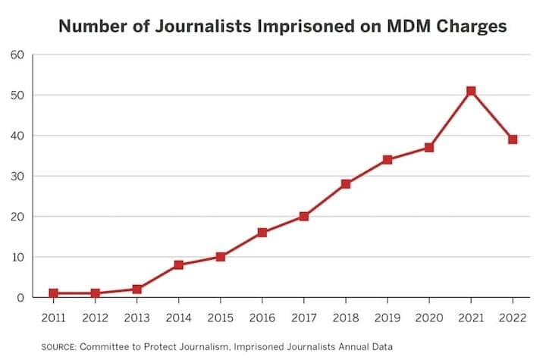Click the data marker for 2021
pyautogui.click(x=471, y=91)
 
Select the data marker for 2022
pyautogui.click(x=513, y=139)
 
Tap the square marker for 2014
pyautogui.click(x=177, y=265)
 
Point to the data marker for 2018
pyautogui.click(x=345, y=184)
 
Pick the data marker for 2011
pyautogui.click(x=52, y=293)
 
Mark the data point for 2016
pyautogui.click(x=262, y=233)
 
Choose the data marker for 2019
pyautogui.click(x=388, y=160)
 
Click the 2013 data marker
pyautogui.click(x=136, y=289)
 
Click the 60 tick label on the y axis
pyautogui.click(x=17, y=55)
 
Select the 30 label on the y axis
pyautogui.click(x=17, y=177)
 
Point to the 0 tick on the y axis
pyautogui.click(x=21, y=298)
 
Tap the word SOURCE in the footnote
pyautogui.click(x=58, y=346)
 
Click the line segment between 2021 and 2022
pyautogui.click(x=492, y=115)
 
